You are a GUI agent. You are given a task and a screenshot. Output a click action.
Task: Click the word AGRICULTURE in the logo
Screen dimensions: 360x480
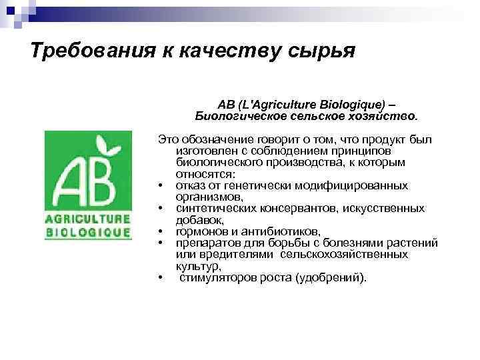coord(87,219)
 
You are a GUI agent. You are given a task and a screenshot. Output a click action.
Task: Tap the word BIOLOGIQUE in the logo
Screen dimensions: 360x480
coord(87,233)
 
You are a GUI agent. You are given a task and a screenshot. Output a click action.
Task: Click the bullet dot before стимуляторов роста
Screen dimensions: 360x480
coord(162,278)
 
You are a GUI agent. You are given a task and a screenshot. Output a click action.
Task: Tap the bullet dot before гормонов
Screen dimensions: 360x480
coord(162,232)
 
